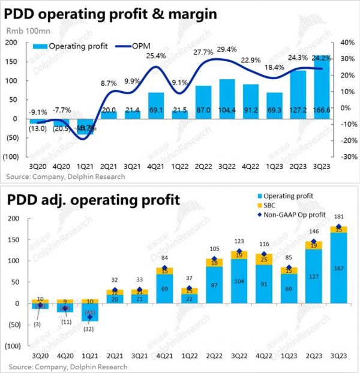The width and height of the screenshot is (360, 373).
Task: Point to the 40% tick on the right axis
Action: pyautogui.click(x=348, y=43)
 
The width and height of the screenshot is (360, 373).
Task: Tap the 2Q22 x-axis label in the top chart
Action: pyautogui.click(x=203, y=167)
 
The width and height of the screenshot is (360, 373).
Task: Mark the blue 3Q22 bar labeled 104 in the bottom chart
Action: pyautogui.click(x=239, y=281)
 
